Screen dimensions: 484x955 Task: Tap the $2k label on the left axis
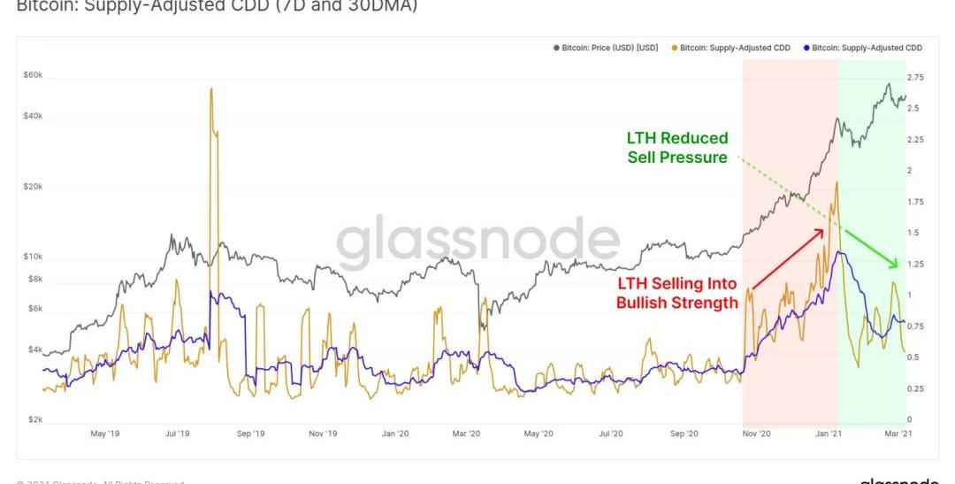click(x=33, y=419)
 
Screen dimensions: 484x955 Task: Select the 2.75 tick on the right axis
click(x=916, y=78)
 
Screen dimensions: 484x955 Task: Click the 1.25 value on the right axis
click(x=916, y=264)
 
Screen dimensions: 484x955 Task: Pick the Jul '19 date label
click(x=178, y=434)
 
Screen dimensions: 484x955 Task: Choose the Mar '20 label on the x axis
click(x=466, y=434)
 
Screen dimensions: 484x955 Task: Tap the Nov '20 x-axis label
click(x=756, y=434)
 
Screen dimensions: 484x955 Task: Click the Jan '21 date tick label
click(x=829, y=434)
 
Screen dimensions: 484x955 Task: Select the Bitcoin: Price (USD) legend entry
click(x=609, y=48)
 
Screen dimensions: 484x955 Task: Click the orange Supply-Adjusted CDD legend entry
click(x=734, y=48)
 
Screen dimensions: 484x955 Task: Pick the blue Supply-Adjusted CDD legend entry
click(x=866, y=48)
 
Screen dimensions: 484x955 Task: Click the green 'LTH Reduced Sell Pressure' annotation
click(x=677, y=148)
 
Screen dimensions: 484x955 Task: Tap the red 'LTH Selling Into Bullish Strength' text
click(x=677, y=293)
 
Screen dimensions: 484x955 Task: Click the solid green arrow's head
click(x=896, y=265)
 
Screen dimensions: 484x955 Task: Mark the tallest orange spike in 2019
click(x=210, y=90)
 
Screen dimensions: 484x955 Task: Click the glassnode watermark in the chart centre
click(x=477, y=242)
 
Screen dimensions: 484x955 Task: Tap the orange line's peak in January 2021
click(x=836, y=183)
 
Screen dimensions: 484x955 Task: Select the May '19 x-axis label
click(x=105, y=434)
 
